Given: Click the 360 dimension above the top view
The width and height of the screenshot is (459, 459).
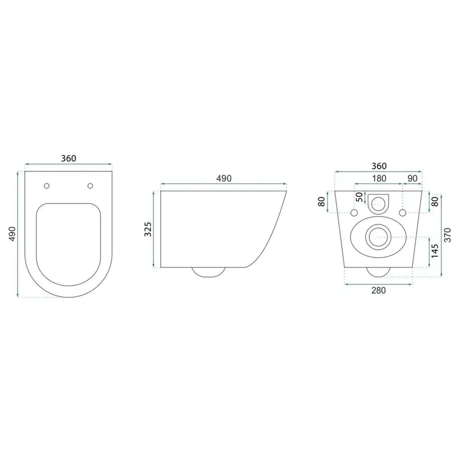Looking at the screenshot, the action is [x=68, y=158].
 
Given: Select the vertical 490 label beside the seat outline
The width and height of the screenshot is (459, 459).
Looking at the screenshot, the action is [x=12, y=234].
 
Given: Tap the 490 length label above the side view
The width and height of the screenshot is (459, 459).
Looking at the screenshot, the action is [x=224, y=178].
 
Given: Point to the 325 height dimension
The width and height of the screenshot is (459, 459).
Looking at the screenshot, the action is [x=148, y=229].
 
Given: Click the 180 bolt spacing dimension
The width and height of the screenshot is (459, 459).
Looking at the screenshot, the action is [x=379, y=178].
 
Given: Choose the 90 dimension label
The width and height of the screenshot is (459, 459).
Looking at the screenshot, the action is [x=413, y=178].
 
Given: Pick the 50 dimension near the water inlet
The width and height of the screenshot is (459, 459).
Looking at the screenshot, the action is [x=360, y=197].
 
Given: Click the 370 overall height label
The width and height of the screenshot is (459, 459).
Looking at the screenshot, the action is [x=448, y=235].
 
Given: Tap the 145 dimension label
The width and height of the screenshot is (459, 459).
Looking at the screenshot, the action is [x=435, y=251].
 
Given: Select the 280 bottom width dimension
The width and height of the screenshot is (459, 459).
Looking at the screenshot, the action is [x=379, y=290].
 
